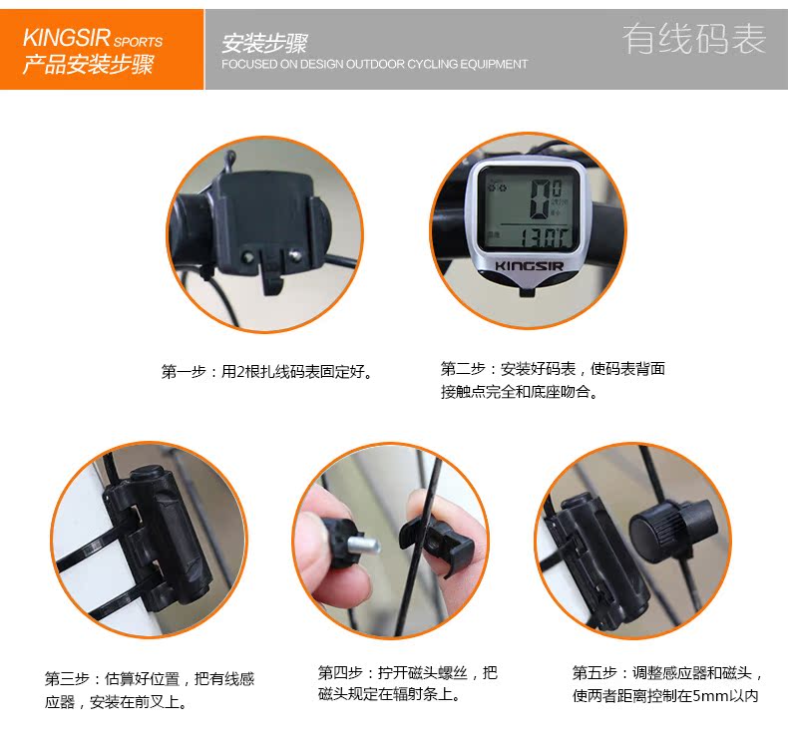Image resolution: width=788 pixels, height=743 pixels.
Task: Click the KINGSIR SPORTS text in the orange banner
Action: coord(93,38)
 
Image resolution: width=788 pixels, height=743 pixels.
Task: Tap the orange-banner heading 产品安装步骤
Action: coord(88,64)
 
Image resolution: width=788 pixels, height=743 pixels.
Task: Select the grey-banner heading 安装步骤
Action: coord(264,43)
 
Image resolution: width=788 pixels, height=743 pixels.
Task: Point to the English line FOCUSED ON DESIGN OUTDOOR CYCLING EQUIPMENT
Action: coord(374,64)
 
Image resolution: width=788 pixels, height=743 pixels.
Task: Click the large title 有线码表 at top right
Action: coord(694,38)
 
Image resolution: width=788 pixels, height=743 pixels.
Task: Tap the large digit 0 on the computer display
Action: coord(541,199)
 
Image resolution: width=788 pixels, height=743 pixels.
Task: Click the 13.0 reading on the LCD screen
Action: coord(541,237)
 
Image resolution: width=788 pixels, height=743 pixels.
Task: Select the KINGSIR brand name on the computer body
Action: coord(530,265)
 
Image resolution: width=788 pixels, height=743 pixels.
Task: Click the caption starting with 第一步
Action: coord(268,372)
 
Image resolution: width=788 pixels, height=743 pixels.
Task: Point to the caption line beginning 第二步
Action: coord(553,369)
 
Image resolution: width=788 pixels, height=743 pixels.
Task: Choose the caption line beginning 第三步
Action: coord(150,679)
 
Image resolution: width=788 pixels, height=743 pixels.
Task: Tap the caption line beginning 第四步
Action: coord(408,672)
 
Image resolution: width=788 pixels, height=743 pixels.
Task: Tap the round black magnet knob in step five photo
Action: coord(671,531)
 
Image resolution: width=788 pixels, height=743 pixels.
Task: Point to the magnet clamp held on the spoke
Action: coord(436,546)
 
